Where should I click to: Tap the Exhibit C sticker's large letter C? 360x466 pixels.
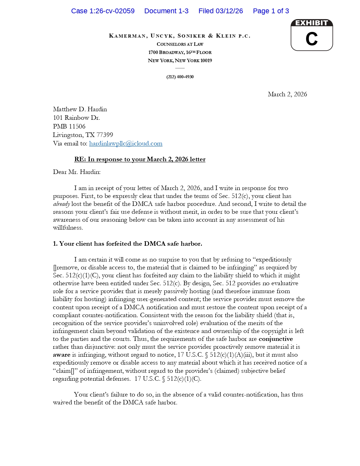(311, 39)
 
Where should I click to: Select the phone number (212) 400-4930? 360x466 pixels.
(180, 77)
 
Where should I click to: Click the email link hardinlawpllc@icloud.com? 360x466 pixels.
(126, 143)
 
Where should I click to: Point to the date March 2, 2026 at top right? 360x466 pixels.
(287, 94)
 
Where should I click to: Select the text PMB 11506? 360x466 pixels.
(69, 127)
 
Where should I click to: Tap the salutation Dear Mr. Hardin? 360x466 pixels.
(77, 172)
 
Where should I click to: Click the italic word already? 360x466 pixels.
(61, 204)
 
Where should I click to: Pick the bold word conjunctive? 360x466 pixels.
(276, 339)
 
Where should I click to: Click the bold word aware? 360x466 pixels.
(62, 355)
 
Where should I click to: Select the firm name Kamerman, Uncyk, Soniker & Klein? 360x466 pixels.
(180, 36)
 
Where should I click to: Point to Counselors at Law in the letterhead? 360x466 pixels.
(180, 44)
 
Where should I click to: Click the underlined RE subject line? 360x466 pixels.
(140, 159)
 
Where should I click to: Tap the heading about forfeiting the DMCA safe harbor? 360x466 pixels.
(127, 244)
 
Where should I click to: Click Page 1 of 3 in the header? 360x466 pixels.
(271, 11)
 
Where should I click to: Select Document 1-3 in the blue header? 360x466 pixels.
(166, 11)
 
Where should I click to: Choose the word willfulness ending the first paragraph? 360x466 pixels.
(68, 228)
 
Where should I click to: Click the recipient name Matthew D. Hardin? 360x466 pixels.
(80, 109)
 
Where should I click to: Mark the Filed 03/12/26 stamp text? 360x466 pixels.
(221, 11)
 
